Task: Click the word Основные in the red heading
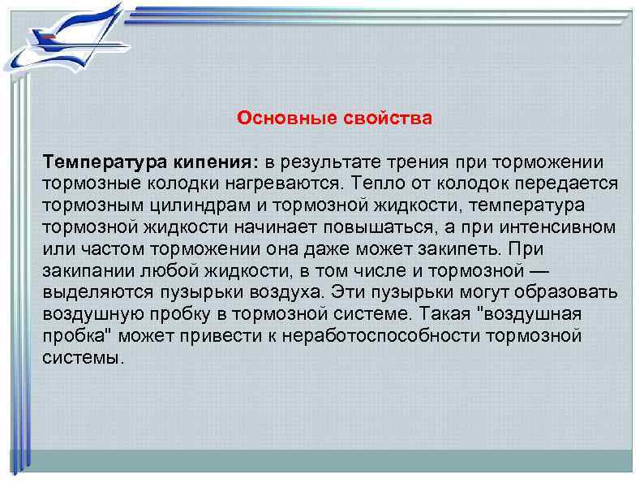pos(277,119)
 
